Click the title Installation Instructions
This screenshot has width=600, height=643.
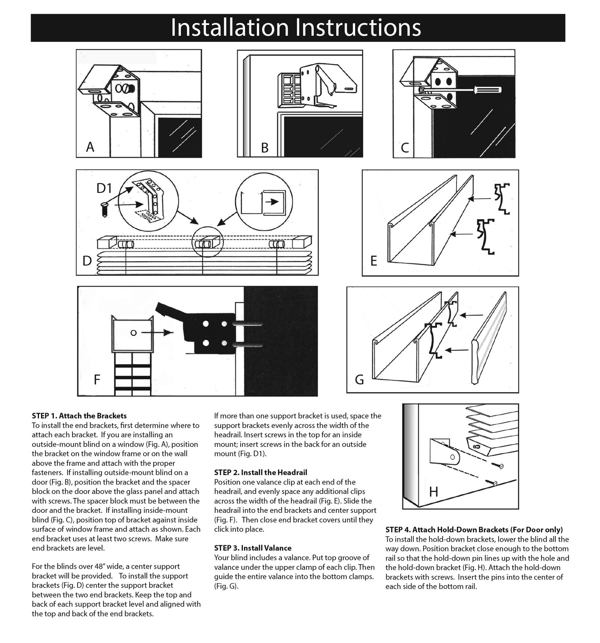296,27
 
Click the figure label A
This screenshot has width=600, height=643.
90,147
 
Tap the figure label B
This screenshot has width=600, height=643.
265,148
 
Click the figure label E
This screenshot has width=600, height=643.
374,261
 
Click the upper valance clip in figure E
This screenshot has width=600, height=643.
502,198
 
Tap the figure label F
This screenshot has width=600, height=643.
97,379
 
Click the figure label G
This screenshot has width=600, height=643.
359,379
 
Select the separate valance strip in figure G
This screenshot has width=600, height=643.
489,340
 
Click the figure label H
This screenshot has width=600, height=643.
433,491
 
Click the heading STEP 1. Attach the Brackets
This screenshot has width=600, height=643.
79,416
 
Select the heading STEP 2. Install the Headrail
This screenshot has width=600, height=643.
261,473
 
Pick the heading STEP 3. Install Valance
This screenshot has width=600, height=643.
253,548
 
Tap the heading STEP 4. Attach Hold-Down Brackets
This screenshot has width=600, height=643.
474,530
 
